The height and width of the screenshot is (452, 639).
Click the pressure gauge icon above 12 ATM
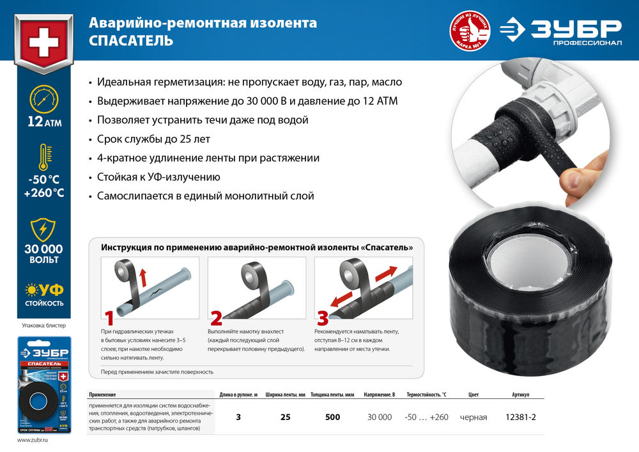point(43,100)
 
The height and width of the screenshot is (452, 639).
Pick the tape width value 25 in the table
point(286,417)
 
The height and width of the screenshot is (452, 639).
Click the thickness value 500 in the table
point(332,417)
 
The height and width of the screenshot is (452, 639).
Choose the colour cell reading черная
point(473,417)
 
